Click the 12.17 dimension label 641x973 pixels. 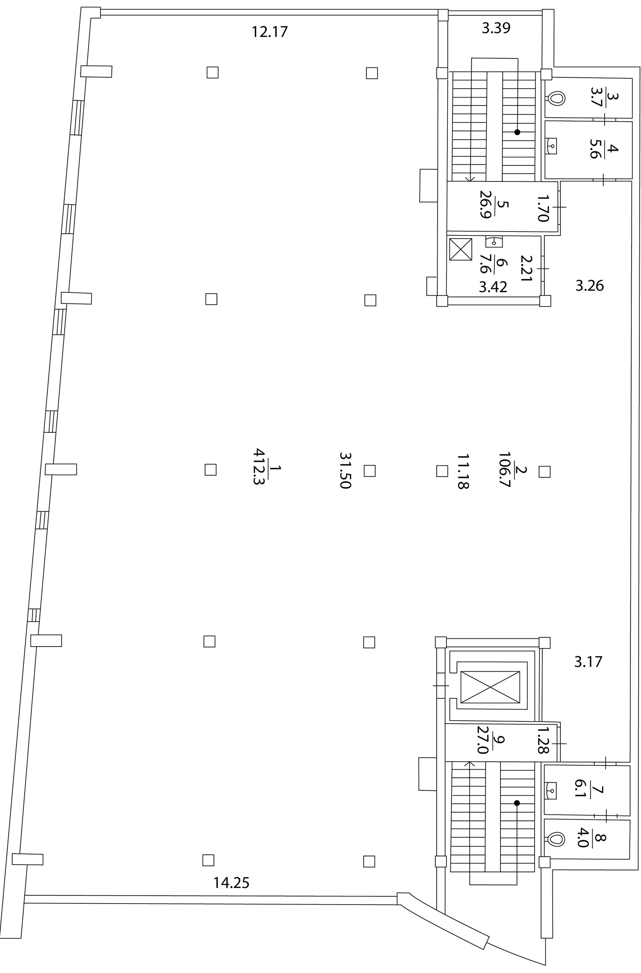click(x=270, y=32)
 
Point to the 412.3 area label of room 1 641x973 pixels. click(x=260, y=466)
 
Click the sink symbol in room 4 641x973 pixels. click(x=552, y=145)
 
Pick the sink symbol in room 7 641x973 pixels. click(x=551, y=791)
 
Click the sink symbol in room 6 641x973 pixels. click(x=494, y=242)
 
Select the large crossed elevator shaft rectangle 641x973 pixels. click(x=490, y=687)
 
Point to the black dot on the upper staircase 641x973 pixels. click(x=517, y=133)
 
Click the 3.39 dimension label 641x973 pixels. click(x=496, y=28)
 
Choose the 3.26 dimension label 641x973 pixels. click(x=589, y=285)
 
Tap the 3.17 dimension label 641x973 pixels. click(x=588, y=661)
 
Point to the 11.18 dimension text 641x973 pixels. click(x=463, y=471)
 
